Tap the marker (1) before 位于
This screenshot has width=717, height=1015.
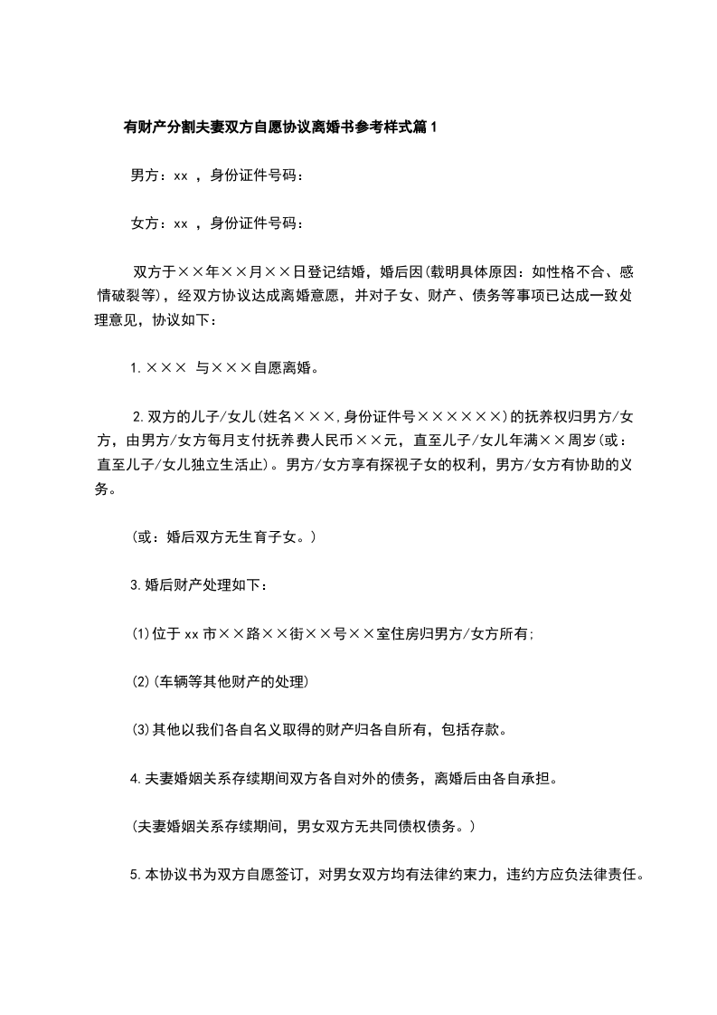[x=141, y=634]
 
